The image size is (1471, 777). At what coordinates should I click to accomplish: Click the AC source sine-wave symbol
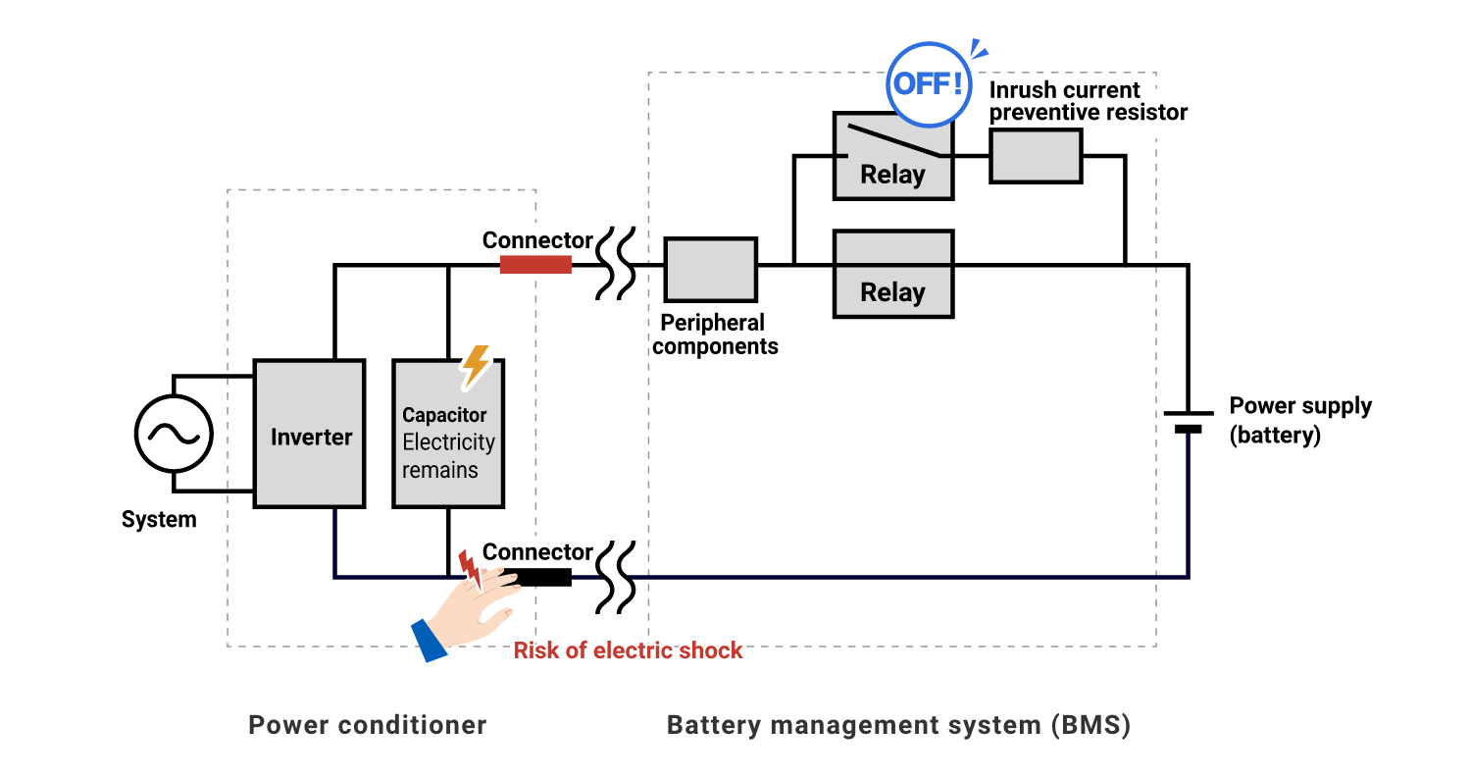pyautogui.click(x=174, y=434)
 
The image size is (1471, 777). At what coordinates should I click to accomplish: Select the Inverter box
pyautogui.click(x=309, y=435)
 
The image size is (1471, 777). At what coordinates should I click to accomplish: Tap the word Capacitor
pyautogui.click(x=444, y=415)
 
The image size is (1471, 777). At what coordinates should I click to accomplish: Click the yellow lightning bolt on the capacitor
pyautogui.click(x=477, y=365)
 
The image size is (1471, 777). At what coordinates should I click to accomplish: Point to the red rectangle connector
pyautogui.click(x=535, y=265)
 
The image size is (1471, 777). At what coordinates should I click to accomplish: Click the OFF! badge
pyautogui.click(x=929, y=84)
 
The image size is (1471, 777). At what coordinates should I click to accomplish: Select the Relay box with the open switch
pyautogui.click(x=892, y=157)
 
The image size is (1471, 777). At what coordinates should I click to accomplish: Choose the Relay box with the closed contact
pyautogui.click(x=892, y=275)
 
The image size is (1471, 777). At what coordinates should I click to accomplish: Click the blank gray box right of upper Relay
pyautogui.click(x=1036, y=156)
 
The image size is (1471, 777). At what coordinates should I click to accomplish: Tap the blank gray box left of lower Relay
pyautogui.click(x=710, y=270)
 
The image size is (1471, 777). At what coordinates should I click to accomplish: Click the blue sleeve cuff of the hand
pyautogui.click(x=428, y=640)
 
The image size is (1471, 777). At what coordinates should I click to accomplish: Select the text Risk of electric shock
pyautogui.click(x=629, y=650)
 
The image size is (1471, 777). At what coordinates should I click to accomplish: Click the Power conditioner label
pyautogui.click(x=367, y=725)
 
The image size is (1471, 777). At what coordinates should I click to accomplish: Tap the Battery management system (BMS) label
pyautogui.click(x=898, y=725)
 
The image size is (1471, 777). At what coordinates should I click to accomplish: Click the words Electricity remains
pyautogui.click(x=448, y=456)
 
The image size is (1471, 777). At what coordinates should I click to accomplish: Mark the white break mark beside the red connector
pyautogui.click(x=617, y=267)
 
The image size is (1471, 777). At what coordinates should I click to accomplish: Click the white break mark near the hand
pyautogui.click(x=617, y=581)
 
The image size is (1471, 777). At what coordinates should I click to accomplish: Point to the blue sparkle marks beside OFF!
pyautogui.click(x=978, y=50)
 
